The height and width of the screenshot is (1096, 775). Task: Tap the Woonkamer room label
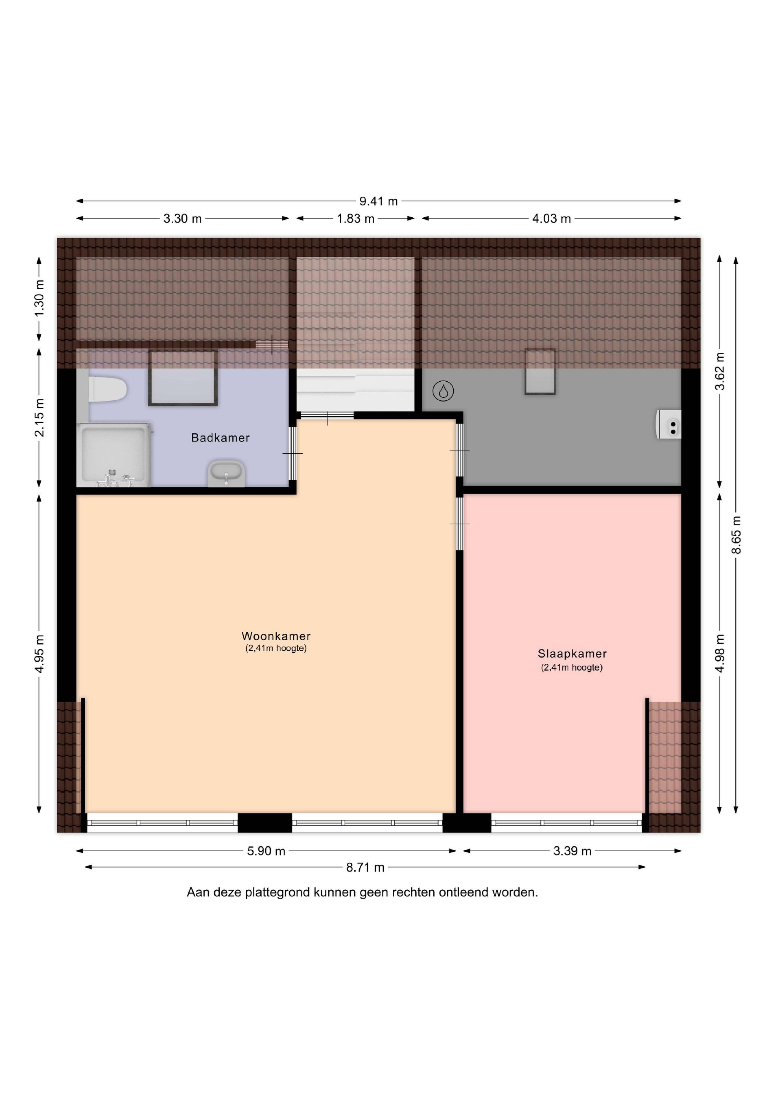click(x=276, y=636)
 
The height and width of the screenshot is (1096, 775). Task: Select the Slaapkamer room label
click(x=572, y=653)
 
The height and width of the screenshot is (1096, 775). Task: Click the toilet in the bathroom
click(x=107, y=390)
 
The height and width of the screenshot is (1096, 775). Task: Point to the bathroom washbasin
click(x=226, y=473)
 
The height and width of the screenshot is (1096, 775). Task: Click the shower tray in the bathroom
click(x=114, y=454)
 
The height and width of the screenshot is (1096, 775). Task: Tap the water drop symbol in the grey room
click(x=443, y=392)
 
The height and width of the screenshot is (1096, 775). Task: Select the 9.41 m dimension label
click(x=379, y=201)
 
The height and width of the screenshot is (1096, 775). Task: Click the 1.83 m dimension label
click(x=356, y=218)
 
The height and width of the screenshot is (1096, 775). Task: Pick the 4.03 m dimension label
click(x=552, y=218)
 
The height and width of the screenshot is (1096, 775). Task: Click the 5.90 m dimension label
click(x=266, y=851)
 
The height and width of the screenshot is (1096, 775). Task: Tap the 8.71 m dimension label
click(x=365, y=867)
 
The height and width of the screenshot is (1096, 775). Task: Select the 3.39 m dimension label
click(x=572, y=851)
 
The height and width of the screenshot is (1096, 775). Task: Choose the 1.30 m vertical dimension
click(x=39, y=298)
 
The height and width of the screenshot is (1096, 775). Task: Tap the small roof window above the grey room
click(x=540, y=372)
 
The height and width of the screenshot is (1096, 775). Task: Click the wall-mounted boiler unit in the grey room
click(x=668, y=424)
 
